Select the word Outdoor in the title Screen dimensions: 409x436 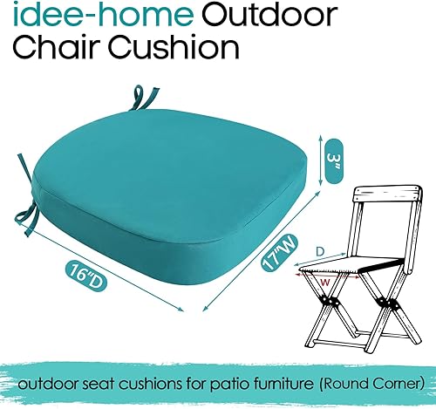(224, 17)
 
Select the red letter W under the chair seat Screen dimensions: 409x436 (324, 282)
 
